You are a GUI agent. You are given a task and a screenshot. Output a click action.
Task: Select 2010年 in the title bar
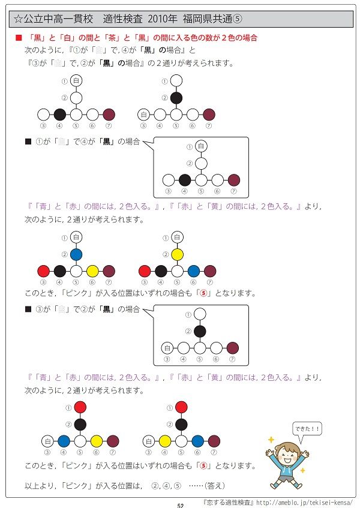coord(158,19)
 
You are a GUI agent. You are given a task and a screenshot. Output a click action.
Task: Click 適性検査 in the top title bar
coord(122,19)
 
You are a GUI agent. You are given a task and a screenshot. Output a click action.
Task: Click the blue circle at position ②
coord(76,255)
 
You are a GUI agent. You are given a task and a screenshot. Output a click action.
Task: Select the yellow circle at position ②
coord(177,255)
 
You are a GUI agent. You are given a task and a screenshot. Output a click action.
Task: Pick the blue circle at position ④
coord(64,441)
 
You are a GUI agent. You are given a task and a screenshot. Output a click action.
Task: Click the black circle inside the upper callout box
coord(185,179)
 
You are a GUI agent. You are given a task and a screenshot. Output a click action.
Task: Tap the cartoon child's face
coord(290,453)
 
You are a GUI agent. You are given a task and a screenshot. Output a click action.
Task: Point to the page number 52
coord(180,505)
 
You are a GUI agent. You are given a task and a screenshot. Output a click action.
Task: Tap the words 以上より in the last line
coord(40,484)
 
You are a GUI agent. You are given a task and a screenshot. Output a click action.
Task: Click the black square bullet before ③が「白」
coord(27,309)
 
